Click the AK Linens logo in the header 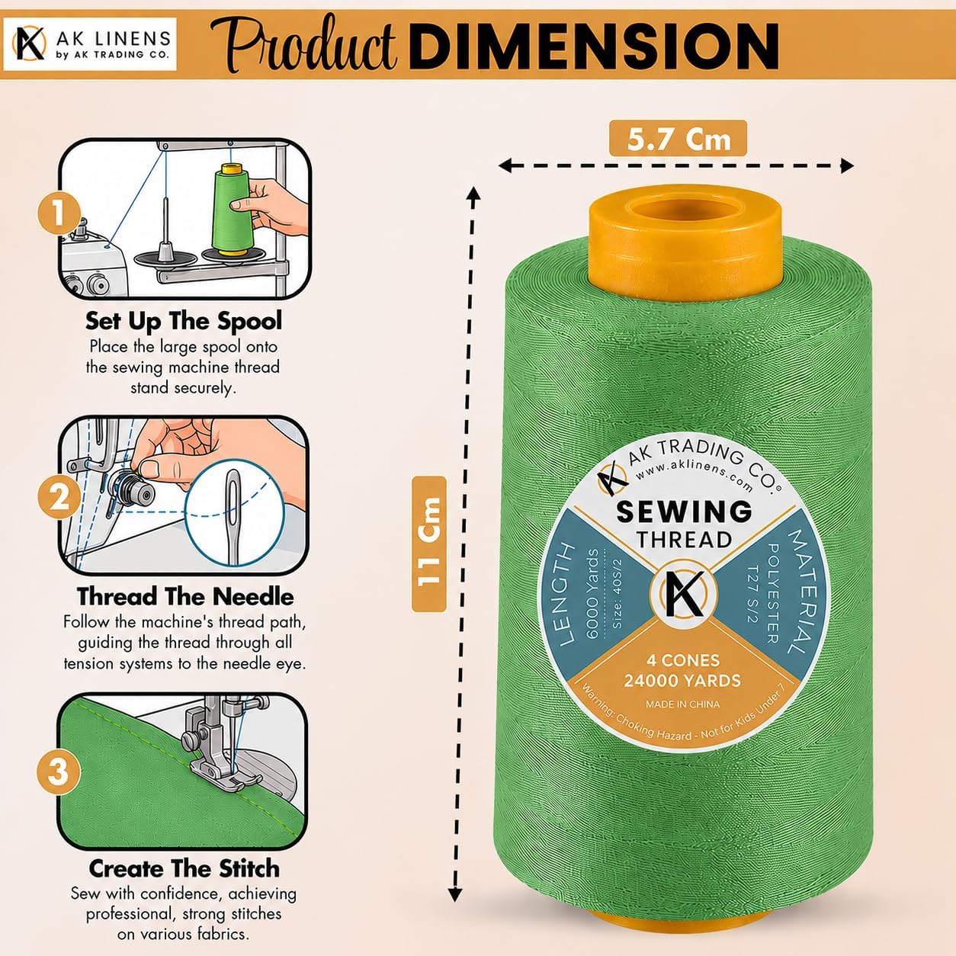(90, 44)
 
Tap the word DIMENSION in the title (593, 47)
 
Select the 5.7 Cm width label (678, 139)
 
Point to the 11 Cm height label (429, 544)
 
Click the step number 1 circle (59, 214)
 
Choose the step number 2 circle (59, 498)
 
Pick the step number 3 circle (59, 772)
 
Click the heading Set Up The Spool (184, 321)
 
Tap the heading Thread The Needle (185, 596)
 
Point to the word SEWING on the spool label (684, 512)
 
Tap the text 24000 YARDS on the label (682, 680)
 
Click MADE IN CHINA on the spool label (682, 704)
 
